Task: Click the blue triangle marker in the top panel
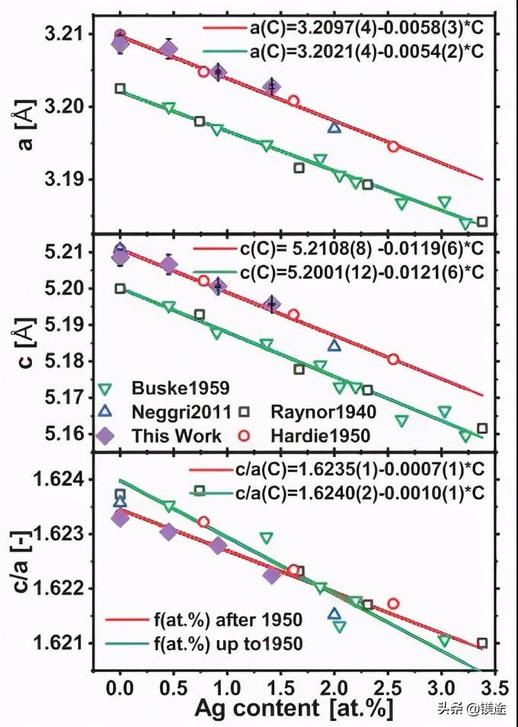[334, 127]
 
